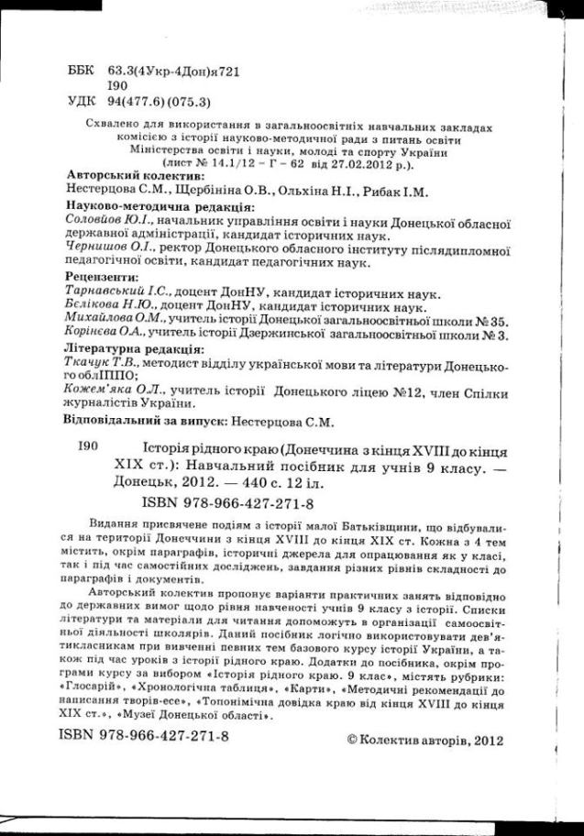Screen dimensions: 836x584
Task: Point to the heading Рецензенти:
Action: click(104, 275)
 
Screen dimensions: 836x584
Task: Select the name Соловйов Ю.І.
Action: click(104, 223)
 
